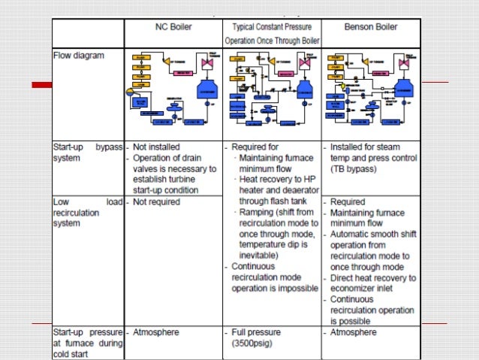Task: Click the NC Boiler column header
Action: [x=173, y=26]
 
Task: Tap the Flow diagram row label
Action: [x=78, y=55]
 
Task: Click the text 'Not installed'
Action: [x=155, y=147]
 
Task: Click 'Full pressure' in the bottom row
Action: [x=258, y=332]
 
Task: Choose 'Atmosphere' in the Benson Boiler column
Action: [x=354, y=332]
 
